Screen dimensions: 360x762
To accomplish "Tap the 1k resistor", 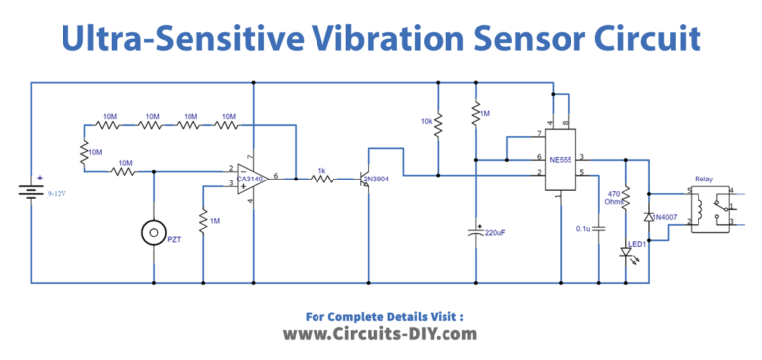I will [x=320, y=179].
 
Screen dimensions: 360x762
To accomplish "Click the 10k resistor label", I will [x=426, y=121].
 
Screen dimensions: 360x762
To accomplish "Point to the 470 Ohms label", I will [x=614, y=199].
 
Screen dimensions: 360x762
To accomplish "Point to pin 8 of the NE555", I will [x=567, y=124].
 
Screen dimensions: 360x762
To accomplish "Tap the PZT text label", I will [x=175, y=240].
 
